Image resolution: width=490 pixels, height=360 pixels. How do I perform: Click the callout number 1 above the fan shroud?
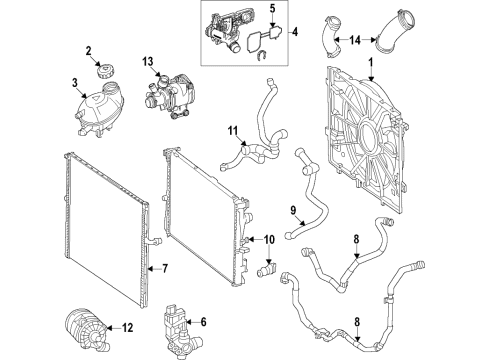pos(370,63)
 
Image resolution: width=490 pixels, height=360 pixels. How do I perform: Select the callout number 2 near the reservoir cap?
pos(89,51)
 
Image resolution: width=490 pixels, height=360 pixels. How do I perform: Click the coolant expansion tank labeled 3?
pos(100,108)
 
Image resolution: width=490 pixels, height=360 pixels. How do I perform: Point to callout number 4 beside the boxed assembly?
pos(295,32)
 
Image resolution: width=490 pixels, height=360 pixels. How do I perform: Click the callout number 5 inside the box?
pos(273,9)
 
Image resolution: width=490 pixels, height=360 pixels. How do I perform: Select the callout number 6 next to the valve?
pos(203,322)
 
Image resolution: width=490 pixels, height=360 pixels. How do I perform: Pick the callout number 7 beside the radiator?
pos(165,269)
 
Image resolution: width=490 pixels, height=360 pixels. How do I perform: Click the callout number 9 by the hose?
pos(293,210)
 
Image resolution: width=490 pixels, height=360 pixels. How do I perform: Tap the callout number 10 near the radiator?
pos(269,239)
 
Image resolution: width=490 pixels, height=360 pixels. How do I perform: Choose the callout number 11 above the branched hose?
pos(233,131)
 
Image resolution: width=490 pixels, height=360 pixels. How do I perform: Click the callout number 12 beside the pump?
pos(127,328)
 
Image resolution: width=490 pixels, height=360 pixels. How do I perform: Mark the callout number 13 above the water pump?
pos(148,61)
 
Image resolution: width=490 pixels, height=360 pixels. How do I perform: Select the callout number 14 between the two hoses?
pos(355,40)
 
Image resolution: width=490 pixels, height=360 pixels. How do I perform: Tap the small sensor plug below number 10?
pos(267,269)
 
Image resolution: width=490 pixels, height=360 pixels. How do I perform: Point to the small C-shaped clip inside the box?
pos(262,55)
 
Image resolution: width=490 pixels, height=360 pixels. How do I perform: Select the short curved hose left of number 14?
pos(332,36)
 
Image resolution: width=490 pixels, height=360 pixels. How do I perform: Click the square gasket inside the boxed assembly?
pos(254,42)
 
